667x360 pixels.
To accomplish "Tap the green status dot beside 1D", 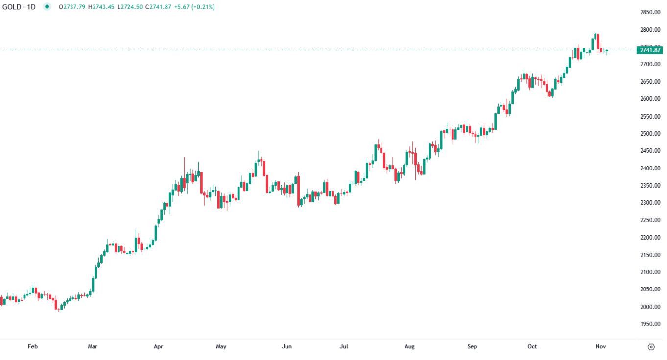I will (47, 7).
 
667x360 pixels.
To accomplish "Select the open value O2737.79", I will (71, 7).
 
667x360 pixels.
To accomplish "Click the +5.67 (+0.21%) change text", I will (194, 7).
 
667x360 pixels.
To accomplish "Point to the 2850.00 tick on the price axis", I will (650, 12).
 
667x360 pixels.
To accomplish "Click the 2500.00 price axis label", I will (650, 134).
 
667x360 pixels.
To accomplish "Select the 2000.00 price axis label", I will (650, 307).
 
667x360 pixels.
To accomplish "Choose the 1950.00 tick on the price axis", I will (650, 324).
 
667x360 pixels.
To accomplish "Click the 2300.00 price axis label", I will (650, 203).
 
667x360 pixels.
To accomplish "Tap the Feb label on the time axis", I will (33, 347).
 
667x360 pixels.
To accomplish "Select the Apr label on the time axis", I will (158, 347).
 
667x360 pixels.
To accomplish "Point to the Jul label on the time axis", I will (344, 347).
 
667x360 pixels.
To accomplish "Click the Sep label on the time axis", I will (472, 347).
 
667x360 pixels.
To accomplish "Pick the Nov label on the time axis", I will (601, 347).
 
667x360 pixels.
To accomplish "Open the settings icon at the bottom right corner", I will (651, 347).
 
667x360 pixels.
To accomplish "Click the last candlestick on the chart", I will (607, 50).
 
